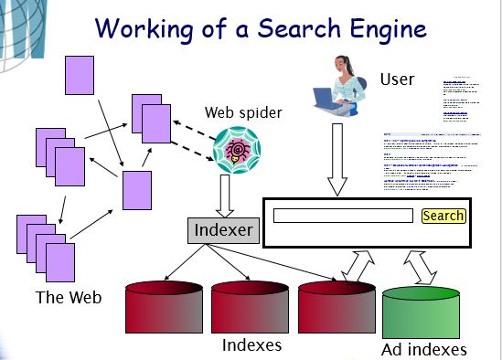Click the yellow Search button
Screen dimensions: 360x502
tap(443, 217)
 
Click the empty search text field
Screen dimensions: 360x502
tap(343, 217)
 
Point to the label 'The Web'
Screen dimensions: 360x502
tap(68, 297)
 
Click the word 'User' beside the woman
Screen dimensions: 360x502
tap(398, 80)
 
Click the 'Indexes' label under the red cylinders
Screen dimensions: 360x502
tap(251, 345)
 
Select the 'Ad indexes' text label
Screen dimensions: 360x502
tap(424, 349)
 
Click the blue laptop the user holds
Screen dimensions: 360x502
tap(325, 97)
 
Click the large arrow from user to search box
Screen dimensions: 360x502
tap(337, 160)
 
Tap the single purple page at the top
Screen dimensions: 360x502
tap(80, 75)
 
